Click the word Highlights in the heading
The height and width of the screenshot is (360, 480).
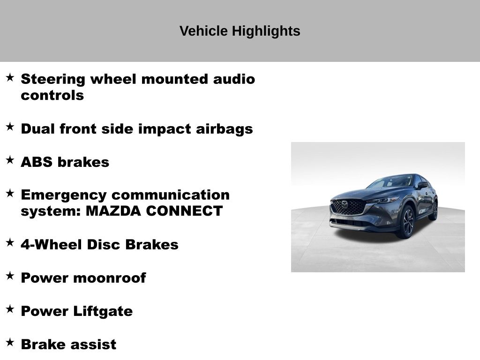(266, 31)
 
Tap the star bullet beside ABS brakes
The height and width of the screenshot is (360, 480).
(10, 160)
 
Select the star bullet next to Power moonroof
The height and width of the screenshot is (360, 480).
(10, 276)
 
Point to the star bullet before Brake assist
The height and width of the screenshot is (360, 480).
(10, 342)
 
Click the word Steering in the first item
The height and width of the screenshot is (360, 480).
(53, 80)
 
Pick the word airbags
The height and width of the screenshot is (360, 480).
(225, 129)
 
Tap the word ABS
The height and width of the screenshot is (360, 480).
(37, 162)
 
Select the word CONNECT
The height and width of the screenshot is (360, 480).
(184, 211)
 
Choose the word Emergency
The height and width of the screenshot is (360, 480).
(64, 195)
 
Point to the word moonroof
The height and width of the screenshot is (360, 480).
(110, 278)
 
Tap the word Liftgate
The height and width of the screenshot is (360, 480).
(103, 312)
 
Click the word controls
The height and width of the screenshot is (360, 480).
(52, 95)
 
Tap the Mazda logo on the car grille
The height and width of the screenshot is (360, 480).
(345, 204)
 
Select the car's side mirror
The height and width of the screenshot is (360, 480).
(423, 185)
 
